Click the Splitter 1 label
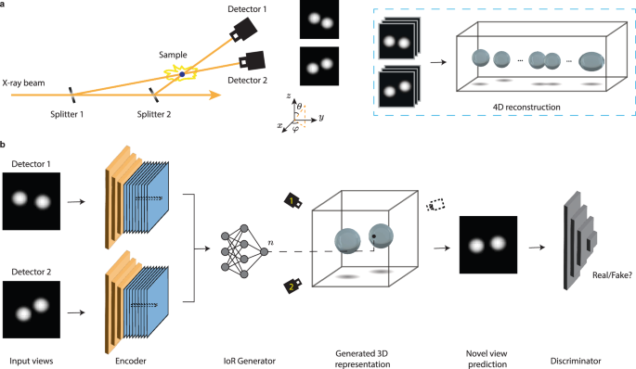point(67,114)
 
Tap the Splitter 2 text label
point(154,114)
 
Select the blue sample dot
point(182,74)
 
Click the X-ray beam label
point(23,83)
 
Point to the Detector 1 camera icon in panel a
point(243,30)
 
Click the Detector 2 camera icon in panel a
point(252,61)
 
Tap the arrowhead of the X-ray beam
point(215,95)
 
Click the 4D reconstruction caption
point(526,108)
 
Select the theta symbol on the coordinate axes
point(299,106)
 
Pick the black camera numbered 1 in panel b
point(293,201)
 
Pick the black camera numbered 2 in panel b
point(292,286)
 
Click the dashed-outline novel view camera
point(435,205)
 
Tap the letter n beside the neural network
point(270,243)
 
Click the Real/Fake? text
point(612,275)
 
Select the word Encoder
point(131,361)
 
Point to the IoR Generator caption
point(250,361)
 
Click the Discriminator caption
point(576,361)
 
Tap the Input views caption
point(32,361)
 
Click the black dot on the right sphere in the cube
point(373,235)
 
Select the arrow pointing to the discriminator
point(537,247)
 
